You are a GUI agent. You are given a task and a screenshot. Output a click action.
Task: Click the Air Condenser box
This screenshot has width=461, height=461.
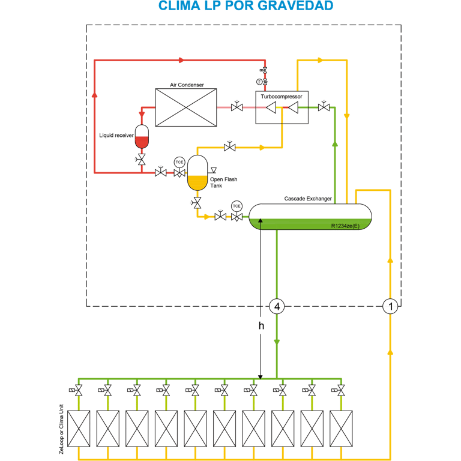(186, 107)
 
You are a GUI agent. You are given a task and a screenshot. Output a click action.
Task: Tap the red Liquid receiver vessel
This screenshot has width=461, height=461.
(142, 137)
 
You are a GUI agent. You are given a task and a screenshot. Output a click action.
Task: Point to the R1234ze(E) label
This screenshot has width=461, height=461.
(345, 226)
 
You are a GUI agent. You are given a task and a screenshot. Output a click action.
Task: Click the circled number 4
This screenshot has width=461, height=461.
(277, 307)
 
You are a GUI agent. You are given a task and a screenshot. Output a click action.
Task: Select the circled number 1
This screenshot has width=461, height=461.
(391, 307)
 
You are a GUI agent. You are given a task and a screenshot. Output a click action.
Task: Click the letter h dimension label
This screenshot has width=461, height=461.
(261, 326)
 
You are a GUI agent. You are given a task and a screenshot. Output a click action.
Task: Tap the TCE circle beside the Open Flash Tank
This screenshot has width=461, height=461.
(179, 162)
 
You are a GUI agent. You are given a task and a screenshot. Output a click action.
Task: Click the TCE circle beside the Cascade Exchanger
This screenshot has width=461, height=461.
(237, 206)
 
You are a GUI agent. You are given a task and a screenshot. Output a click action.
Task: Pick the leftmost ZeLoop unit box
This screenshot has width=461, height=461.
(79, 428)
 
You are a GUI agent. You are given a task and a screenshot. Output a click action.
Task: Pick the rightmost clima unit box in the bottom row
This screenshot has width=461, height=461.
(341, 428)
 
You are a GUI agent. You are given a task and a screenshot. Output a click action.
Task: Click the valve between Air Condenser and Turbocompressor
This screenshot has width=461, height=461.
(237, 107)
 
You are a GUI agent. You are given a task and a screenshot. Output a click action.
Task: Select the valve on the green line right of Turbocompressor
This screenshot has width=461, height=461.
(324, 107)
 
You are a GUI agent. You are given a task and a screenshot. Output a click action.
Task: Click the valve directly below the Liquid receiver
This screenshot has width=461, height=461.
(142, 160)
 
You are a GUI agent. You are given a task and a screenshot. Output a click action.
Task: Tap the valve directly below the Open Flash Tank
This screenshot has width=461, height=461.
(197, 203)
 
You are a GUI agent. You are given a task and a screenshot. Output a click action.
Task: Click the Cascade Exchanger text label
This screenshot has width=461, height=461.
(308, 199)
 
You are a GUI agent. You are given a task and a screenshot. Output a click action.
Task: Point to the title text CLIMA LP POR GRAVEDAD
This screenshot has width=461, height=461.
(246, 6)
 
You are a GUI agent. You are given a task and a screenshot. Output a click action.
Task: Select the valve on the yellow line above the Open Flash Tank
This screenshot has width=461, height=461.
(229, 147)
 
